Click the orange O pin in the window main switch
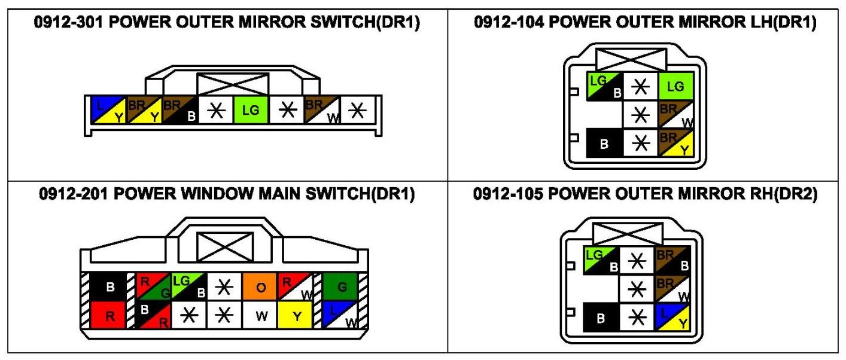(260, 287)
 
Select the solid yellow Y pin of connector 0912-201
(296, 315)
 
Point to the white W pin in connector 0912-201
(260, 315)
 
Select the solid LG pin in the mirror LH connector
(675, 87)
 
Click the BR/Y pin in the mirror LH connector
(675, 144)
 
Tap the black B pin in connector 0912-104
(604, 144)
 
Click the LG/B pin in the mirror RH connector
(602, 260)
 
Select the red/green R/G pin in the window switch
(154, 287)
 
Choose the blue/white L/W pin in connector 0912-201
(340, 315)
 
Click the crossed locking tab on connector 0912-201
(226, 246)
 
